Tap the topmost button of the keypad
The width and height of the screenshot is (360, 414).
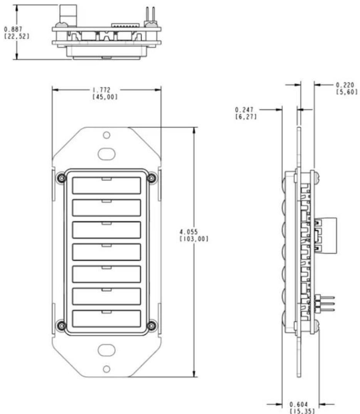coord(106,185)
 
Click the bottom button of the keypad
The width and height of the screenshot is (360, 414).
coord(106,319)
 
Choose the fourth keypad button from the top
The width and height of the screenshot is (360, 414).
coord(106,252)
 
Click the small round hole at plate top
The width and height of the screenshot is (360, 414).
coord(106,135)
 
